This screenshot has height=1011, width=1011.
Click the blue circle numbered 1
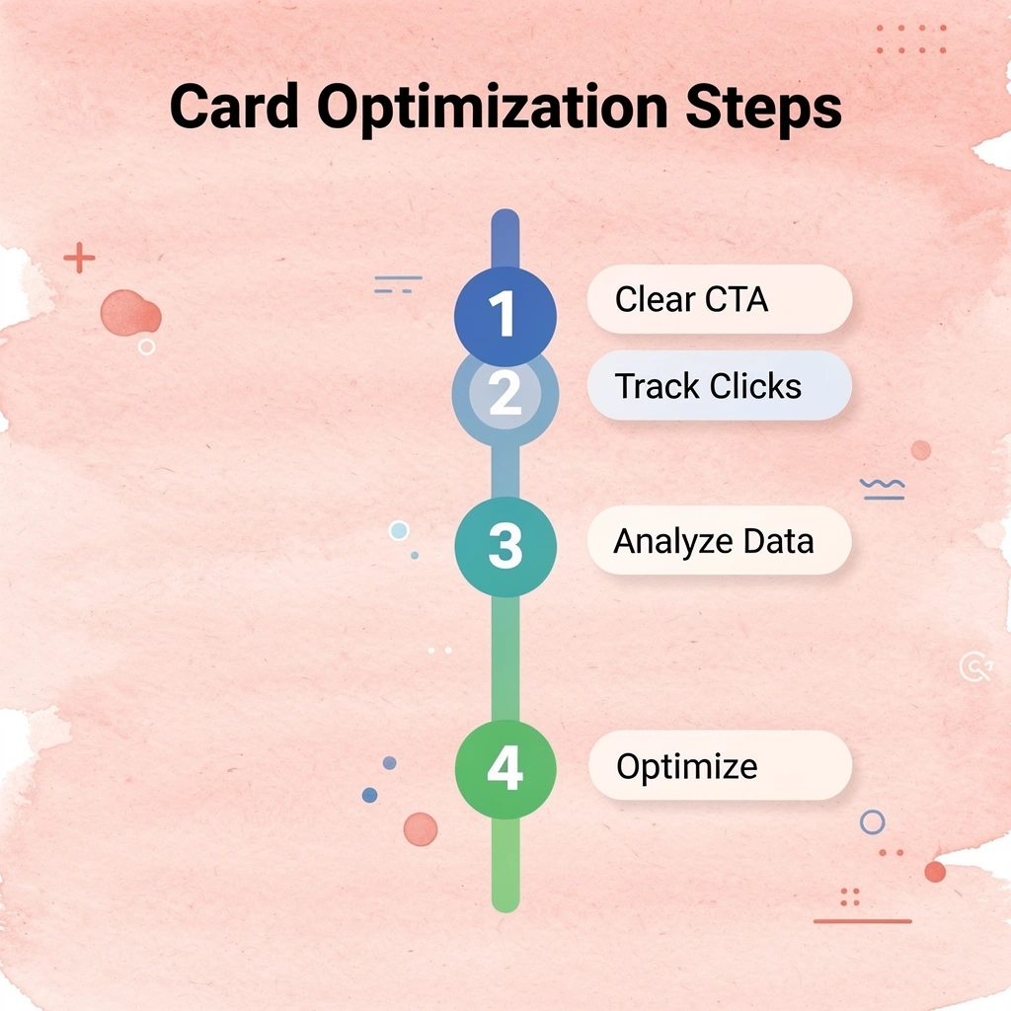(x=505, y=316)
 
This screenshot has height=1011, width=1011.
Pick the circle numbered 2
(x=505, y=395)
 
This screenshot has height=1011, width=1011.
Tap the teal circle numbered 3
(x=505, y=547)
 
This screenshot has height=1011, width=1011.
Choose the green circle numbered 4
(x=505, y=769)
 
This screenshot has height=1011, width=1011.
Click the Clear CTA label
(x=719, y=299)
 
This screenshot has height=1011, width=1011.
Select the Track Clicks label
(x=719, y=385)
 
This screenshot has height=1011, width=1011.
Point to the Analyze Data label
(x=719, y=541)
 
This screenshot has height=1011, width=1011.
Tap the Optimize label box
(x=719, y=766)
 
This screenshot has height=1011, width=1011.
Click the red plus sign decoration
(x=79, y=260)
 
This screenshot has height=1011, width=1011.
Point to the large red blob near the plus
(x=129, y=313)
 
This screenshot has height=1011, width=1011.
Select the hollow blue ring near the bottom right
(x=872, y=821)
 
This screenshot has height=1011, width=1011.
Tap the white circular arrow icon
(x=974, y=667)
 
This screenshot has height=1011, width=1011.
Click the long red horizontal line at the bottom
(x=862, y=921)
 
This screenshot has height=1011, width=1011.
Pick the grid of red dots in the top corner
(x=910, y=39)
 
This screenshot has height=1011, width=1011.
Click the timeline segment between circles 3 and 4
(x=505, y=659)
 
